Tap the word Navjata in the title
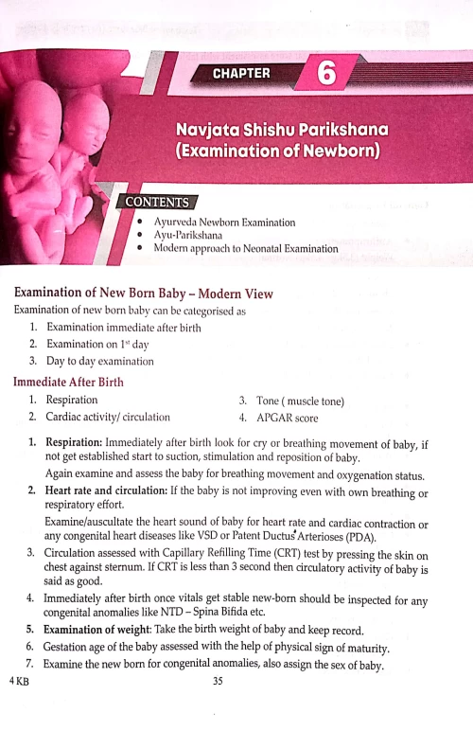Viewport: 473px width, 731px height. pyautogui.click(x=214, y=129)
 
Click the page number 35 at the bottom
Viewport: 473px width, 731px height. pyautogui.click(x=219, y=680)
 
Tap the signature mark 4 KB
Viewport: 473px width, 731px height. pyautogui.click(x=18, y=680)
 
